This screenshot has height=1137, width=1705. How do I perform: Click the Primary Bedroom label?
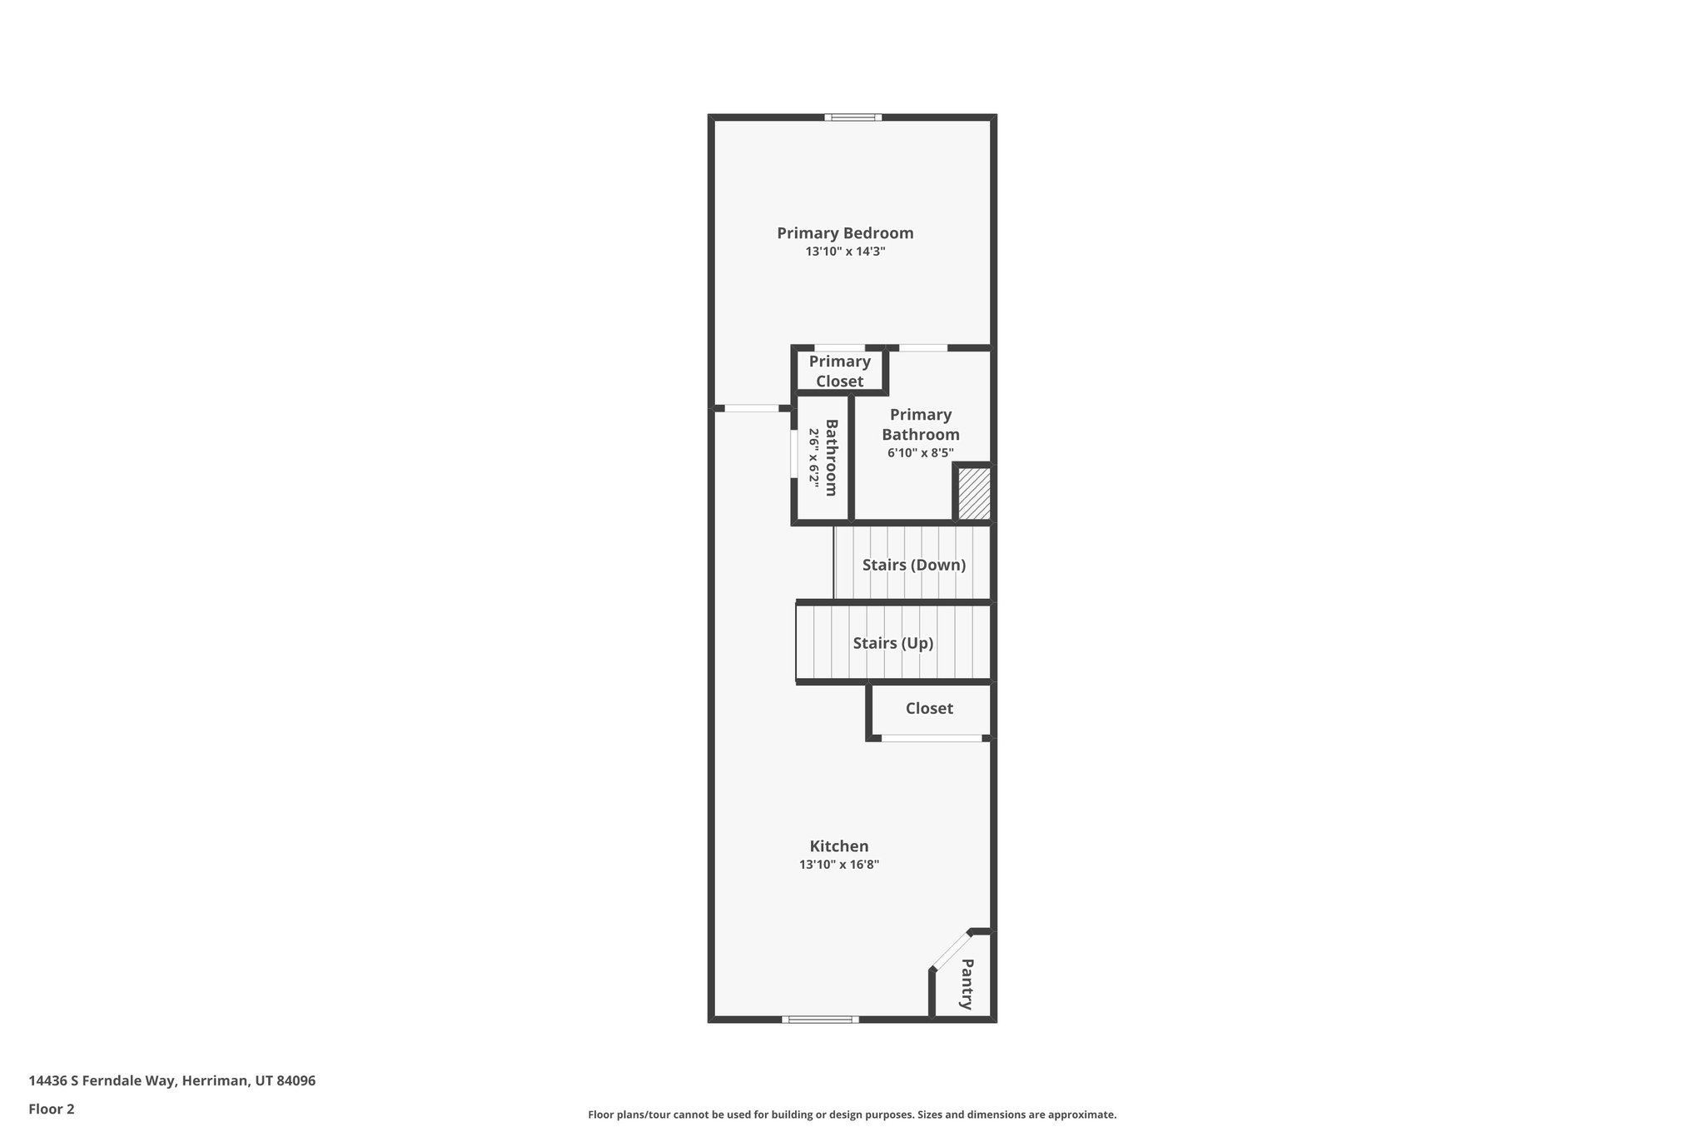pyautogui.click(x=845, y=233)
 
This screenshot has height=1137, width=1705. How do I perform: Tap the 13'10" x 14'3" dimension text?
pyautogui.click(x=845, y=252)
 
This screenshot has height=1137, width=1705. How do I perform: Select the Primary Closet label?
pyautogui.click(x=839, y=372)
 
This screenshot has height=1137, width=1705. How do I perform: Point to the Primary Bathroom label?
pyautogui.click(x=920, y=424)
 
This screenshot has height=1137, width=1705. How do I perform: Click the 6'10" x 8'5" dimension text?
pyautogui.click(x=920, y=453)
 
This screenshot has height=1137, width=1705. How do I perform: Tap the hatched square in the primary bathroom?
pyautogui.click(x=973, y=493)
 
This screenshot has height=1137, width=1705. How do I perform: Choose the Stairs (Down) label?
pyautogui.click(x=913, y=565)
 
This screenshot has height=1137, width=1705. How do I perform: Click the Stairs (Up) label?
pyautogui.click(x=892, y=643)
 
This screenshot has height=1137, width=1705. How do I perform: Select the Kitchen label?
pyautogui.click(x=838, y=846)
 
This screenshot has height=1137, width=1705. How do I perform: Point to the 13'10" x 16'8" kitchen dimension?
pyautogui.click(x=838, y=865)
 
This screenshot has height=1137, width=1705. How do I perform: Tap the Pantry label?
pyautogui.click(x=966, y=984)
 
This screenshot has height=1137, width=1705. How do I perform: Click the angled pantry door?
pyautogui.click(x=952, y=950)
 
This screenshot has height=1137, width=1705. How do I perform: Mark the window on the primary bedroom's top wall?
pyautogui.click(x=853, y=117)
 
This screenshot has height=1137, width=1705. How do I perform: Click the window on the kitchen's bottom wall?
pyautogui.click(x=820, y=1019)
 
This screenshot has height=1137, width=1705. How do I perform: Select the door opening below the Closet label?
pyautogui.click(x=932, y=738)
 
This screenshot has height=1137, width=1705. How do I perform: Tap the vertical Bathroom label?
pyautogui.click(x=830, y=457)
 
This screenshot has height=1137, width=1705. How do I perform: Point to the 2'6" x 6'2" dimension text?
pyautogui.click(x=813, y=457)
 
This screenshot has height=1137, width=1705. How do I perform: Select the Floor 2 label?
pyautogui.click(x=52, y=1109)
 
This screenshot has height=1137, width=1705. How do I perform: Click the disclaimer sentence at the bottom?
pyautogui.click(x=852, y=1115)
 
